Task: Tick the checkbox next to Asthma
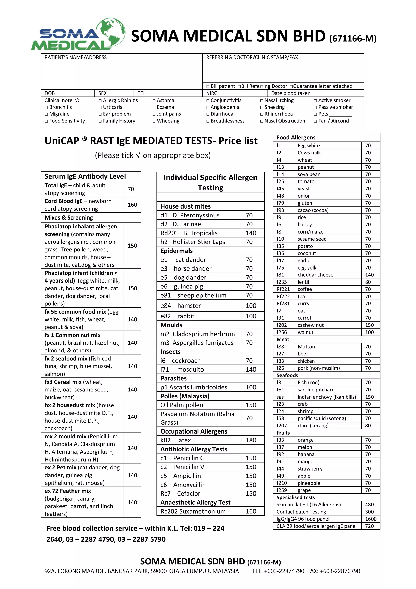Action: [x=154, y=101]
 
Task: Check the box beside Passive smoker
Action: [x=315, y=108]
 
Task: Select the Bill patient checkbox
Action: [x=208, y=86]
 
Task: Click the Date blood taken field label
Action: [x=291, y=93]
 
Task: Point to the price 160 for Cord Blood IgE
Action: [x=132, y=205]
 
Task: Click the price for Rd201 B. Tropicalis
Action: [x=251, y=233]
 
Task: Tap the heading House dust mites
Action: [x=185, y=206]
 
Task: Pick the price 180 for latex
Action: [x=251, y=440]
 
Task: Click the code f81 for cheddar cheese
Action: [x=280, y=275]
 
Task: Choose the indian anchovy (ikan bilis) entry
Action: [x=327, y=397]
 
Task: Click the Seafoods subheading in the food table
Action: [x=287, y=375]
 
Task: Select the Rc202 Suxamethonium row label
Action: [x=193, y=511]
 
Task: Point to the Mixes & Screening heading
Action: [x=69, y=217]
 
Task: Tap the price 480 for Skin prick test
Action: [x=369, y=505]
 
